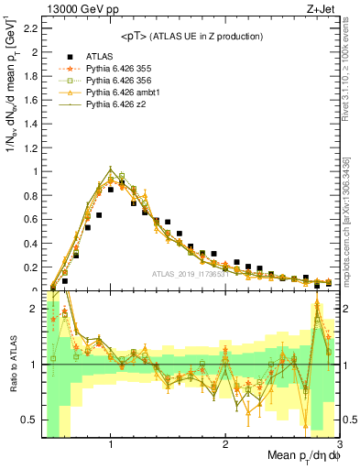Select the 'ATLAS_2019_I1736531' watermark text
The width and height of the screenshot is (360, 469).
click(193, 275)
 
